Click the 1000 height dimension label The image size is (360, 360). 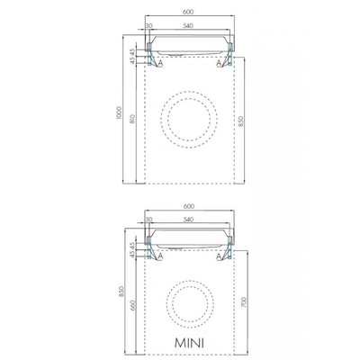point(119,112)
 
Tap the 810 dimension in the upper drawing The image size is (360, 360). point(132,120)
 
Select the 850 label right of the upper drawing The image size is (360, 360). point(241,121)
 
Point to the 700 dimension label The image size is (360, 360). point(244,302)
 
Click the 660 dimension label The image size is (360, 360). point(133,305)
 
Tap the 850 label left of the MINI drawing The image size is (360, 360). point(121,292)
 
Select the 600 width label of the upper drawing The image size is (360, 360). point(188,12)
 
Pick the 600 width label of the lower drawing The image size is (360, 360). point(189,206)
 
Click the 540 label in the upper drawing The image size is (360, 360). point(187,25)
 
